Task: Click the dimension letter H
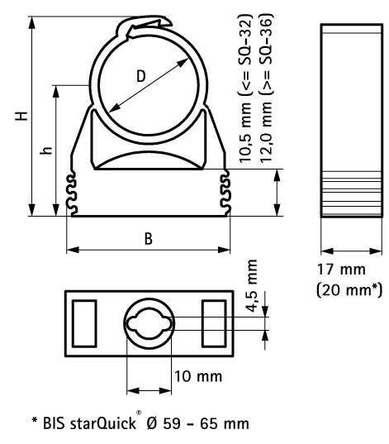pyautogui.click(x=21, y=116)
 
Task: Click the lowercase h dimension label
pyautogui.click(x=46, y=150)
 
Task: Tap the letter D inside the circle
pyautogui.click(x=141, y=76)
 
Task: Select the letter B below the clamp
pyautogui.click(x=148, y=238)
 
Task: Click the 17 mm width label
pyautogui.click(x=341, y=270)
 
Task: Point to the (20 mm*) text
pyautogui.click(x=349, y=290)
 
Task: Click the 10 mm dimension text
pyautogui.click(x=198, y=376)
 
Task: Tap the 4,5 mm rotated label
pyautogui.click(x=252, y=286)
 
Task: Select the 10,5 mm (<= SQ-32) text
pyautogui.click(x=245, y=88)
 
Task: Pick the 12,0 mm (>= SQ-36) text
pyautogui.click(x=266, y=88)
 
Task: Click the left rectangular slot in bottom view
pyautogui.click(x=84, y=323)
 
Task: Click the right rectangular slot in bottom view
pyautogui.click(x=214, y=323)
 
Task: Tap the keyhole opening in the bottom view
pyautogui.click(x=149, y=323)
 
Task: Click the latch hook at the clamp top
pyautogui.click(x=147, y=25)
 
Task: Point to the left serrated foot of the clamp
pyautogui.click(x=72, y=193)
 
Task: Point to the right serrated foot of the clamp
pyautogui.click(x=225, y=193)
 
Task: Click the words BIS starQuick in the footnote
pyautogui.click(x=89, y=423)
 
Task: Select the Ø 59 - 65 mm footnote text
pyautogui.click(x=198, y=423)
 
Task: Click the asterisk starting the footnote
pyautogui.click(x=35, y=421)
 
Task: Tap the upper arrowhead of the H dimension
pyautogui.click(x=32, y=22)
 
